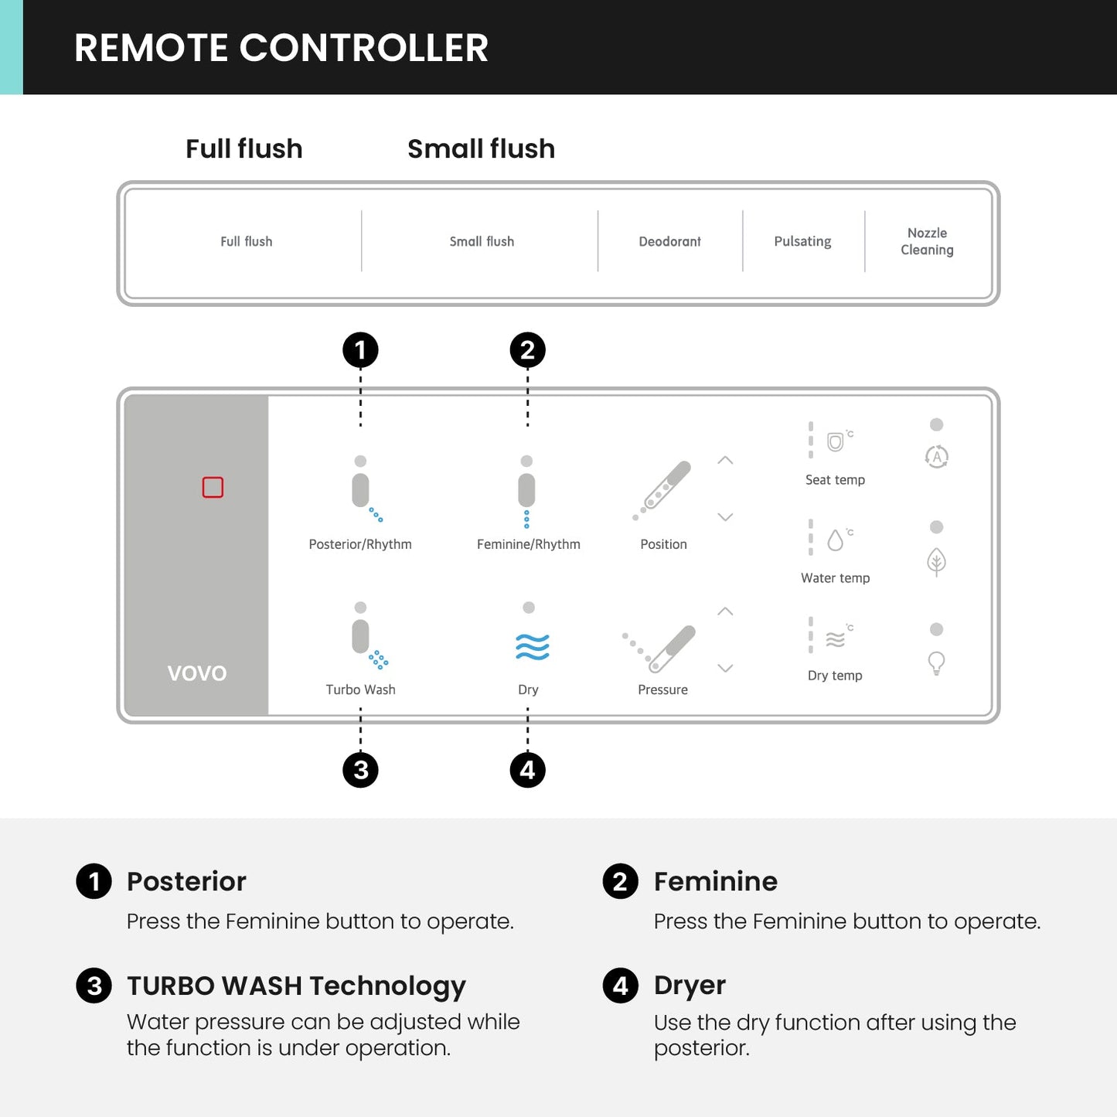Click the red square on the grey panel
213,487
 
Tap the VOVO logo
197,673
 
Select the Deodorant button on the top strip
669,241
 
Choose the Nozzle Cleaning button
927,241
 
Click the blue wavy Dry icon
533,646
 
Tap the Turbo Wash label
360,690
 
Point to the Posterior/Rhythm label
360,544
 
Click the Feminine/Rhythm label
529,544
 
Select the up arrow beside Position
725,460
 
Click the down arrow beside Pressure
725,668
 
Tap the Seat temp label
835,480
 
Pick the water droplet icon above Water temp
835,540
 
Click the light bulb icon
936,662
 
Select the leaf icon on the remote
936,561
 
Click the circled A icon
937,457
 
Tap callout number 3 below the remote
360,770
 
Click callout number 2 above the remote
528,350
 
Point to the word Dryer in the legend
690,986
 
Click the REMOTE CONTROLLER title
281,48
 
